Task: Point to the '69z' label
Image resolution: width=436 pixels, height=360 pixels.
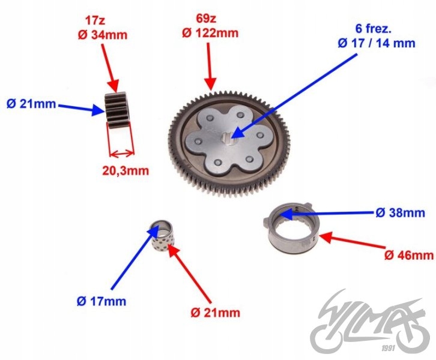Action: pyautogui.click(x=206, y=19)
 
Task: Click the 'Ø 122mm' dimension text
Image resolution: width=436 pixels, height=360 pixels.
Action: pyautogui.click(x=210, y=33)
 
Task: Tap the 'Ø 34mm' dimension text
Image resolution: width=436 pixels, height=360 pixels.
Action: pyautogui.click(x=103, y=35)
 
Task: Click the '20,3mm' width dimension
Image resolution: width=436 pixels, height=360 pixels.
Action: pyautogui.click(x=126, y=170)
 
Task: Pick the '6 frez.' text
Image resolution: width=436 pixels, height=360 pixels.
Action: pyautogui.click(x=374, y=29)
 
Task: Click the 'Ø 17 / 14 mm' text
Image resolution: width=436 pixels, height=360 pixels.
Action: pyautogui.click(x=377, y=43)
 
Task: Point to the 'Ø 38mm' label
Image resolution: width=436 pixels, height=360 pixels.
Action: pyautogui.click(x=401, y=213)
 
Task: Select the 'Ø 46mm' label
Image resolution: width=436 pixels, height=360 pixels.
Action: pyautogui.click(x=409, y=255)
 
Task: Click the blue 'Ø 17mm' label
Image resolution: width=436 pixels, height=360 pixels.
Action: pyautogui.click(x=101, y=301)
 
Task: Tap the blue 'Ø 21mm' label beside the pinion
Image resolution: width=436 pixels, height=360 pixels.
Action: pyautogui.click(x=31, y=104)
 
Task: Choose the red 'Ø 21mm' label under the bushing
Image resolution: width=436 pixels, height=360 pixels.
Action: pyautogui.click(x=216, y=313)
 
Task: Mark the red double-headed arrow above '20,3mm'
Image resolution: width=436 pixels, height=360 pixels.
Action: pyautogui.click(x=121, y=153)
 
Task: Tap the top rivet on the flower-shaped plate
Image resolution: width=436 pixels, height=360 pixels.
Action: pyautogui.click(x=240, y=115)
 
